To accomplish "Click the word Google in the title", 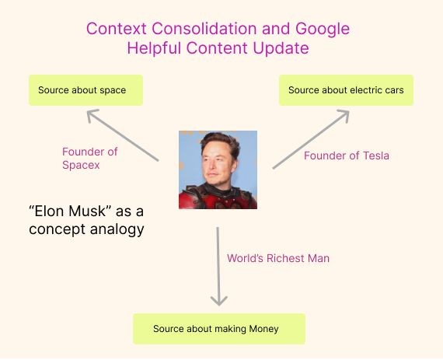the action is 323,29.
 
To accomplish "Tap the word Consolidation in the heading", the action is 204,29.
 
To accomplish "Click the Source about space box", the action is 86,90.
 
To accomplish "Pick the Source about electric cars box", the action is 346,90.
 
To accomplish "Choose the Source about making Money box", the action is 219,329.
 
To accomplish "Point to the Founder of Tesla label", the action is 347,156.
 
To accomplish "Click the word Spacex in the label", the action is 81,166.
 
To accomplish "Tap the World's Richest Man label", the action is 278,258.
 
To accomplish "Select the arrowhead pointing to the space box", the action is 91,114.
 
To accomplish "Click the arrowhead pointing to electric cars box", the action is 344,115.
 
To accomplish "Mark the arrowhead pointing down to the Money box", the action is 219,301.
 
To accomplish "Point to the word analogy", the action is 117,229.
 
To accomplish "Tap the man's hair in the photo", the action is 221,140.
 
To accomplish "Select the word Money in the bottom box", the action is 263,329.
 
